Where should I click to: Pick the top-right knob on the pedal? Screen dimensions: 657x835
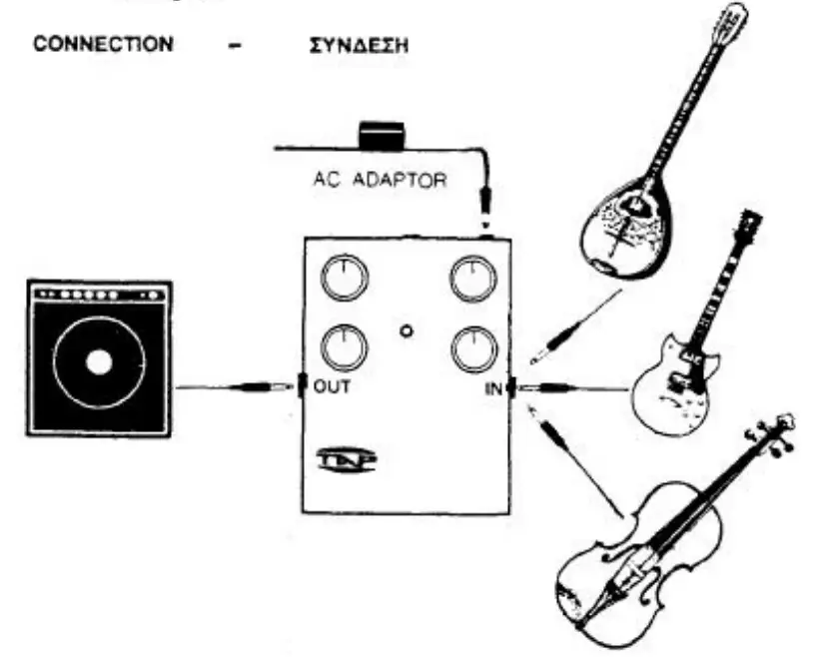click(x=470, y=280)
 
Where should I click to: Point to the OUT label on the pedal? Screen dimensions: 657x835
click(x=335, y=387)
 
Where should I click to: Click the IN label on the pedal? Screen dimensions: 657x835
click(x=493, y=388)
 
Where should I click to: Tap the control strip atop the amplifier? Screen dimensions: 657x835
click(x=98, y=297)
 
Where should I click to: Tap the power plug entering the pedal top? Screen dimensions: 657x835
click(x=486, y=215)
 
